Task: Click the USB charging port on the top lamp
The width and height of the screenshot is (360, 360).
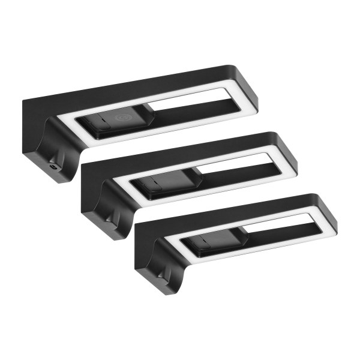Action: tap(55, 168)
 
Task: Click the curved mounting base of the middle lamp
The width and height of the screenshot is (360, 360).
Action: tap(112, 212)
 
